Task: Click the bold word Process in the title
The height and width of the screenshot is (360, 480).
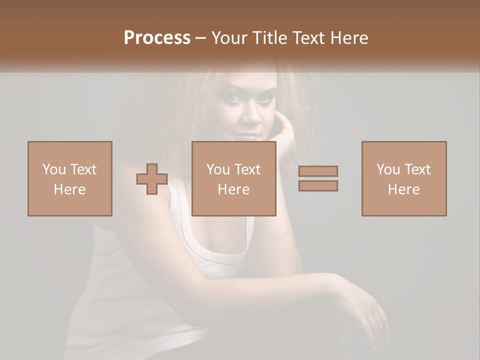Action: (x=157, y=38)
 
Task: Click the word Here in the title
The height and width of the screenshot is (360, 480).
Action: (x=349, y=38)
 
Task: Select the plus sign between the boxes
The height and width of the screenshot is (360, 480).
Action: (x=152, y=179)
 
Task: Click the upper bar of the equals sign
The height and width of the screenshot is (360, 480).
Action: (x=318, y=171)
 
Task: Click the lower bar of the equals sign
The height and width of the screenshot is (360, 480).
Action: (x=318, y=186)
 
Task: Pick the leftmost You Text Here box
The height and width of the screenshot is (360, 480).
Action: (x=70, y=179)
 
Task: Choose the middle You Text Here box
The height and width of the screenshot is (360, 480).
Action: (x=234, y=179)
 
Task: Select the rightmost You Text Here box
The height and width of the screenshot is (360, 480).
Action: (x=404, y=179)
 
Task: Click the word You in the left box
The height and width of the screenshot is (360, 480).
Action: (x=54, y=169)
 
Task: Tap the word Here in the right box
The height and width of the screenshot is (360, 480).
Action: (x=404, y=189)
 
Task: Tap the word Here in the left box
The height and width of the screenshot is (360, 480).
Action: (x=70, y=189)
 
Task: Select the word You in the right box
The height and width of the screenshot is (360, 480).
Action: (x=388, y=169)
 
